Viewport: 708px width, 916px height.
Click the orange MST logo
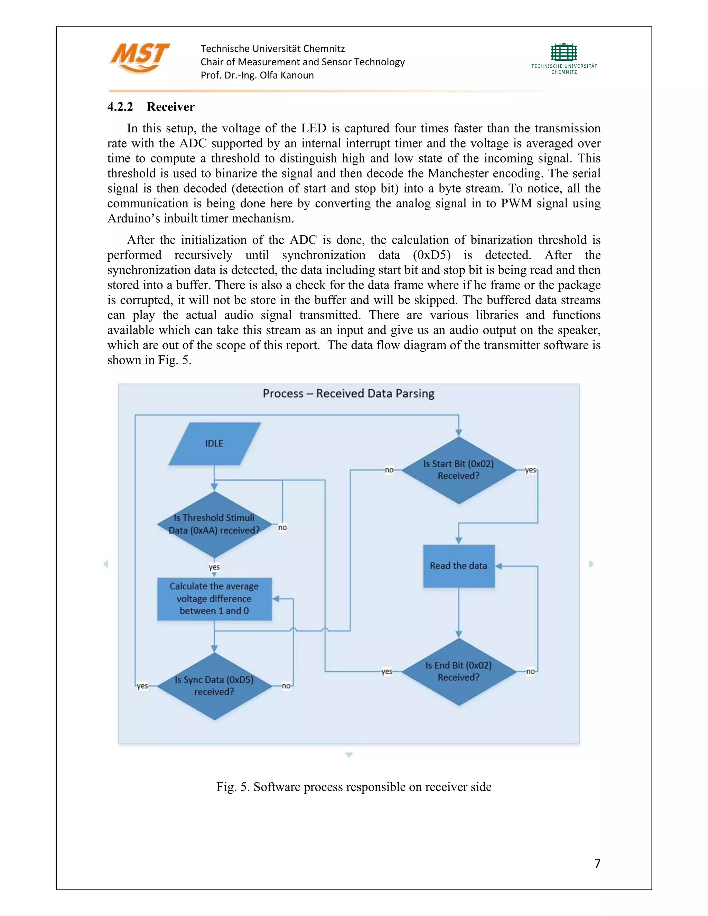coord(140,58)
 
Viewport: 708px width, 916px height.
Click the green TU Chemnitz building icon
coord(564,53)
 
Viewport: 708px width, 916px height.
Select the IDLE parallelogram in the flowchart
coord(214,444)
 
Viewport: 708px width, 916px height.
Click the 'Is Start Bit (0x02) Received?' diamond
coord(458,470)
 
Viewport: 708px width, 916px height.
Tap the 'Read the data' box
coord(458,566)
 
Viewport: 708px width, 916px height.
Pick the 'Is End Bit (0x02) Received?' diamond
coord(458,672)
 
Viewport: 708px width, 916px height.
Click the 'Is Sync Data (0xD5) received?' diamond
coord(214,686)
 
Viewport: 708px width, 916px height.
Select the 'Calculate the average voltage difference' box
coord(214,598)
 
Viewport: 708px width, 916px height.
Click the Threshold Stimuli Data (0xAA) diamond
coord(214,524)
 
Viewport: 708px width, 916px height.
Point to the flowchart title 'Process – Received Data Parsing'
coord(348,393)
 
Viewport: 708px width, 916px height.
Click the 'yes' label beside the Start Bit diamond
coord(531,470)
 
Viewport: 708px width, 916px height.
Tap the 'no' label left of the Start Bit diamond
coord(389,470)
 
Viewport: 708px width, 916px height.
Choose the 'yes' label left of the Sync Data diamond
coord(142,686)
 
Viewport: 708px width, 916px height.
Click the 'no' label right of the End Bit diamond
coord(531,672)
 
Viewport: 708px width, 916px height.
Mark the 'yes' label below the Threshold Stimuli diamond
coord(214,567)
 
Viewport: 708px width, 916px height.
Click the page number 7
coord(597,863)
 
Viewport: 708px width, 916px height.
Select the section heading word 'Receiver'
coord(171,107)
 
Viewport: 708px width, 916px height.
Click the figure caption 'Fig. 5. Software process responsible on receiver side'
coord(354,787)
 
